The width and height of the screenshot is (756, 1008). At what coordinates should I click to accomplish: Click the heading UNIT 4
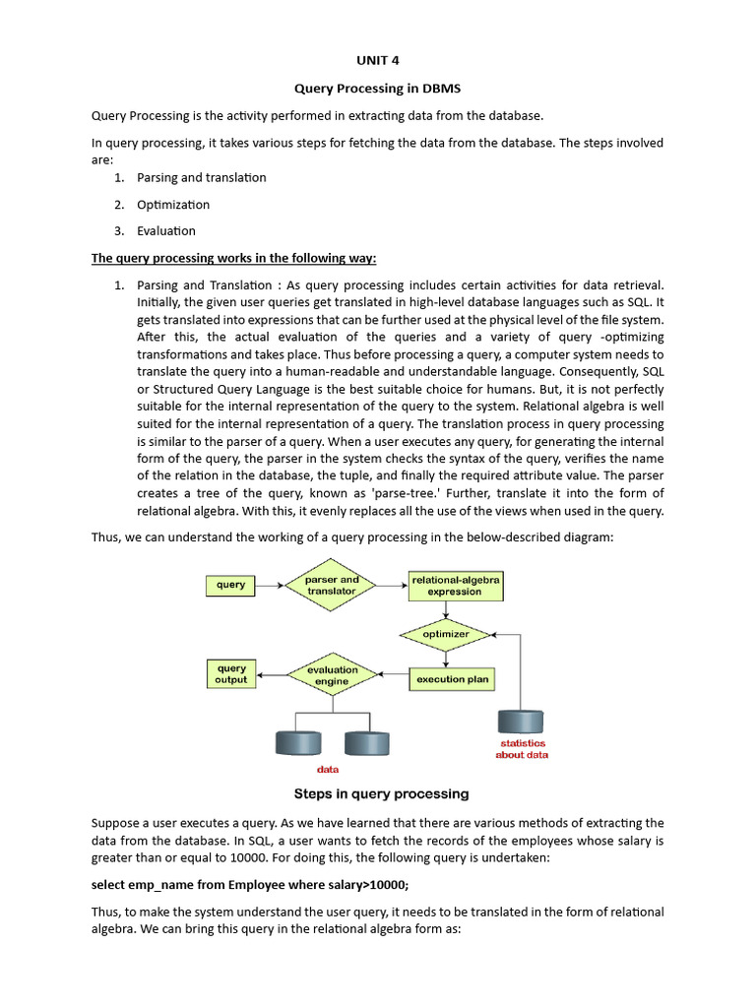pyautogui.click(x=378, y=59)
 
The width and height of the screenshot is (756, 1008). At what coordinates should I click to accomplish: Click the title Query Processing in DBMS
pyautogui.click(x=378, y=88)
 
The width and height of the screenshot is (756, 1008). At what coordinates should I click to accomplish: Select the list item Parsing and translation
pyautogui.click(x=201, y=177)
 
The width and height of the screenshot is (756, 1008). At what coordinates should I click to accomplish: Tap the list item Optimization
pyautogui.click(x=172, y=204)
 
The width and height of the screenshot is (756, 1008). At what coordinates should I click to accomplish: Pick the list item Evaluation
pyautogui.click(x=166, y=230)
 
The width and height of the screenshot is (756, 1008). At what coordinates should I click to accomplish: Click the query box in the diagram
pyautogui.click(x=231, y=585)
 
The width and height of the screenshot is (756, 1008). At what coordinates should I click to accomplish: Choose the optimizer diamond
pyautogui.click(x=446, y=634)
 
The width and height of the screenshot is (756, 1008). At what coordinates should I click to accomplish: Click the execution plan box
pyautogui.click(x=452, y=679)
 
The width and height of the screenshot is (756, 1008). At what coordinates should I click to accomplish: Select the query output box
pyautogui.click(x=231, y=673)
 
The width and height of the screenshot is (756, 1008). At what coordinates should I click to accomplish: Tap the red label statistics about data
pyautogui.click(x=522, y=749)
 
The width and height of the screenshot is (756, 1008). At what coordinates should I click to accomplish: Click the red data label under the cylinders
pyautogui.click(x=328, y=769)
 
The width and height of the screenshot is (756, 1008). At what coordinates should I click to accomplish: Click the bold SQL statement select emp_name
pyautogui.click(x=249, y=884)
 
